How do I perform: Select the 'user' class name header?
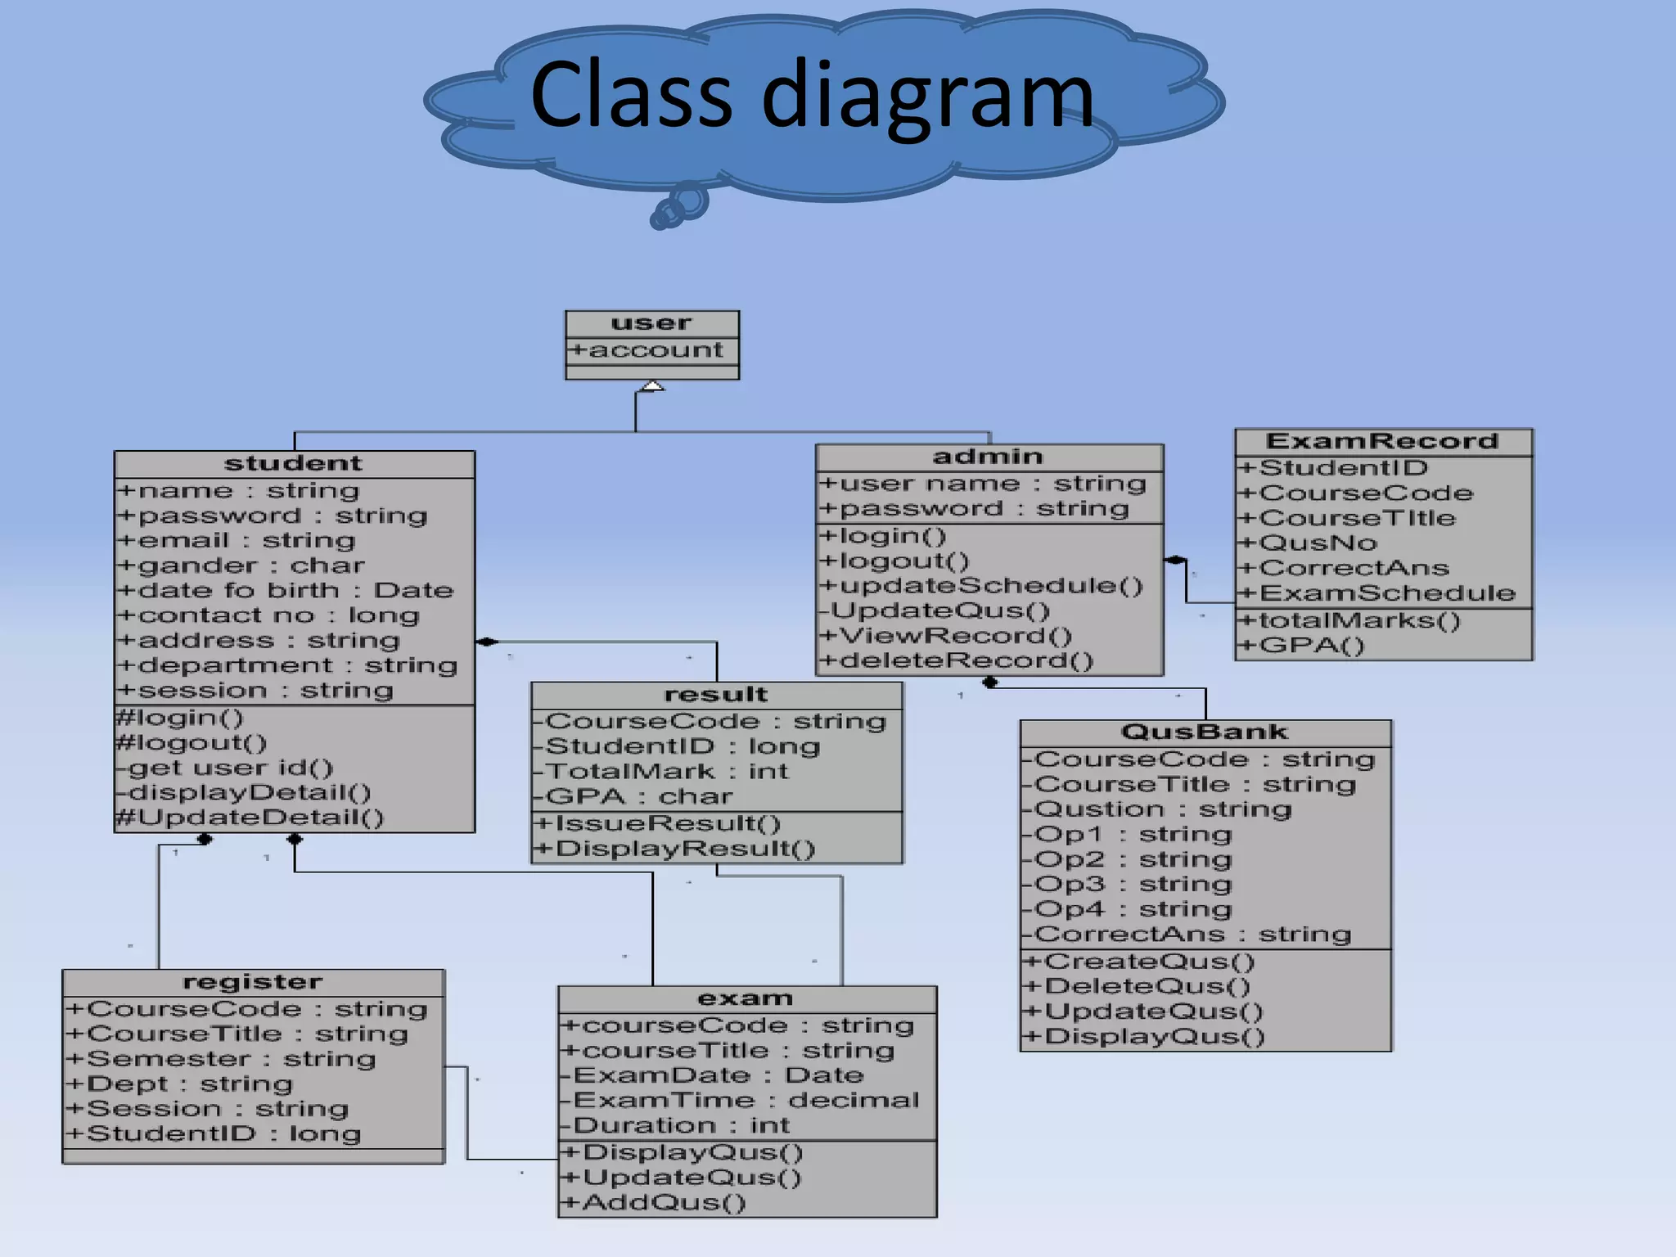tap(651, 323)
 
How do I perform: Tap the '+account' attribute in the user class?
tap(647, 350)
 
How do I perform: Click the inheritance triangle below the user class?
tap(651, 385)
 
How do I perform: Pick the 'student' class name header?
tap(293, 464)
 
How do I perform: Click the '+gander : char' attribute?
tap(241, 565)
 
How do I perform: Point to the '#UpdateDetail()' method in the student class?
tap(250, 818)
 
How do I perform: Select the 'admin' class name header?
tap(988, 457)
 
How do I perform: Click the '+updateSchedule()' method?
tap(981, 586)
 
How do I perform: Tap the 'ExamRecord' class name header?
tap(1381, 442)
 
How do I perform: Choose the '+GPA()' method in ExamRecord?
tap(1300, 646)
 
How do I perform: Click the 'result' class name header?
tap(716, 695)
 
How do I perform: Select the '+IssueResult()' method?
tap(657, 824)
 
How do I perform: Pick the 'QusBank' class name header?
tap(1204, 732)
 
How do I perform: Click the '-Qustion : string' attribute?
tap(1157, 809)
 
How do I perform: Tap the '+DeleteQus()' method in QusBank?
tap(1138, 987)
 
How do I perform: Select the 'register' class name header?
tap(252, 982)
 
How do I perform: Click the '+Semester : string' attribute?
tap(221, 1059)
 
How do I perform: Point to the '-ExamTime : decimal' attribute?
tap(740, 1101)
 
